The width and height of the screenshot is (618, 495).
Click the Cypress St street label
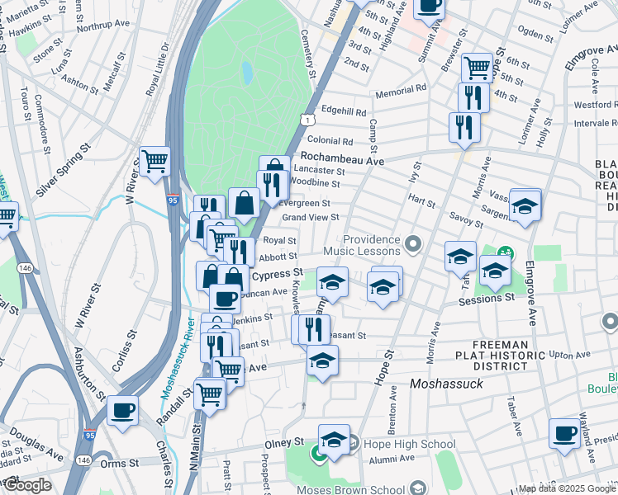pyautogui.click(x=277, y=274)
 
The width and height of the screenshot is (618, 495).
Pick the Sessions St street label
pyautogui.click(x=487, y=298)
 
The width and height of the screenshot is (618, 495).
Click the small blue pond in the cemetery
pyautogui.click(x=247, y=73)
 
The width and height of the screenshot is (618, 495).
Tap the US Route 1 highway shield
pyautogui.click(x=307, y=120)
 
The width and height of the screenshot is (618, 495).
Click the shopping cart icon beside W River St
pyautogui.click(x=154, y=162)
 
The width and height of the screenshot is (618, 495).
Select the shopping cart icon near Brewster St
pyautogui.click(x=477, y=66)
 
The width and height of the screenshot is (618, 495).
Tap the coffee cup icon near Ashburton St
pyautogui.click(x=123, y=410)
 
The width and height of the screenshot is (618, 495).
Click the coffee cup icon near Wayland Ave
pyautogui.click(x=566, y=433)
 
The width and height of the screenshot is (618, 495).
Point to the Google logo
pyautogui.click(x=27, y=485)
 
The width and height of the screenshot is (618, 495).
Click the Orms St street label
pyautogui.click(x=121, y=464)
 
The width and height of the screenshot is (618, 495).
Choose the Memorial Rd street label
pyautogui.click(x=400, y=87)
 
